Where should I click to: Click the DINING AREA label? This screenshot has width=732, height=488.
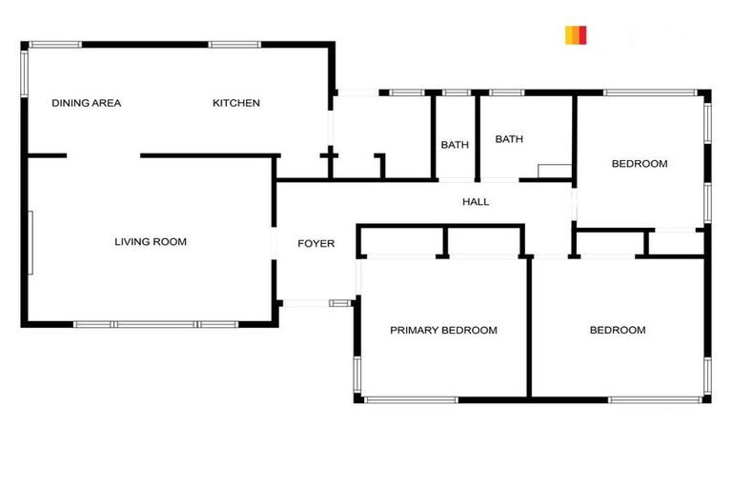click(87, 103)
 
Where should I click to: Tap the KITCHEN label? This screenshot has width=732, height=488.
click(235, 103)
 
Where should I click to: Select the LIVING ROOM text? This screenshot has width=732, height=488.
click(151, 242)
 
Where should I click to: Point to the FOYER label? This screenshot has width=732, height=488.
click(316, 244)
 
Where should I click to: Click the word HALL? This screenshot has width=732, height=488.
click(476, 202)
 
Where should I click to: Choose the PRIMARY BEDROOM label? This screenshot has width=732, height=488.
click(443, 331)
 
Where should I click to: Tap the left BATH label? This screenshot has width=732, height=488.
click(455, 145)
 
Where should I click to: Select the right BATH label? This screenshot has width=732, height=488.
click(509, 139)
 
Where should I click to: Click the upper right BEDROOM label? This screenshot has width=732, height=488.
click(640, 164)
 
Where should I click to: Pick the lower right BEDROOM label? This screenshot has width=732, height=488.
click(618, 331)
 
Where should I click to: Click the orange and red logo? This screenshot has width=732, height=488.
click(576, 35)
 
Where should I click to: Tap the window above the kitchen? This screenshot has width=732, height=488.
click(234, 44)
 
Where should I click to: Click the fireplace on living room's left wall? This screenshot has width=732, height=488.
click(30, 242)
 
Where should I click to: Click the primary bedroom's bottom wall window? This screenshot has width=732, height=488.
click(411, 399)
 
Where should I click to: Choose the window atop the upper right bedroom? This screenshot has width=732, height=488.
click(650, 92)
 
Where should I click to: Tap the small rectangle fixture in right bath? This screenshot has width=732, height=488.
click(554, 171)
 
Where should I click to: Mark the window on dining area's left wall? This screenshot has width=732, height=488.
click(24, 72)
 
